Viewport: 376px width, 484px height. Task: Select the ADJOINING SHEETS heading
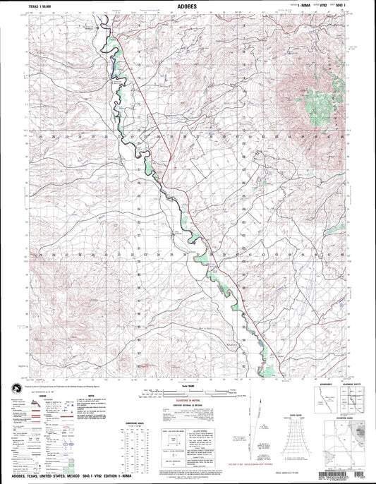352,384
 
